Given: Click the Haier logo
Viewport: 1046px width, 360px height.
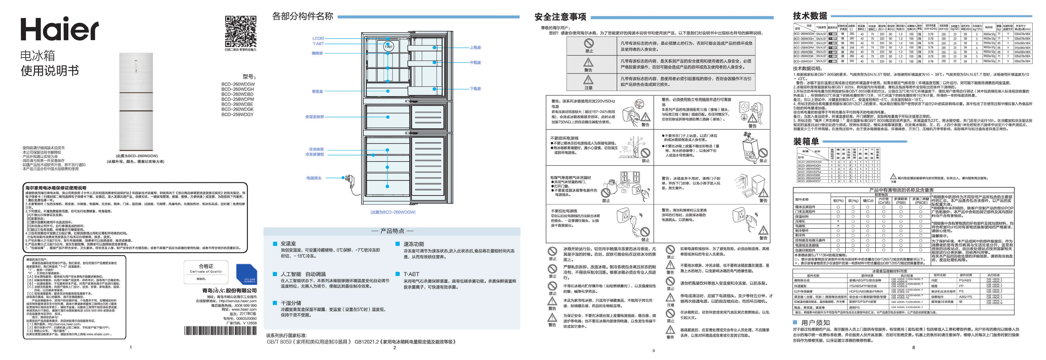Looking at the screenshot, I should pyautogui.click(x=60, y=29).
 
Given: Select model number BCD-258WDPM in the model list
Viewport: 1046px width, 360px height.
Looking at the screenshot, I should pyautogui.click(x=238, y=99).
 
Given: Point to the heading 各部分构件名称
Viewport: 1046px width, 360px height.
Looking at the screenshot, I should pyautogui.click(x=303, y=16).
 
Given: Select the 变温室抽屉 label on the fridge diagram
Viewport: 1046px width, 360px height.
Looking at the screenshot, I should pyautogui.click(x=315, y=117).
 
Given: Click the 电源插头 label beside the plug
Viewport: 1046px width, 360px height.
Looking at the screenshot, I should pyautogui.click(x=314, y=178).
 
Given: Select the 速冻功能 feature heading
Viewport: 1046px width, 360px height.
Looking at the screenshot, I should pyautogui.click(x=413, y=244).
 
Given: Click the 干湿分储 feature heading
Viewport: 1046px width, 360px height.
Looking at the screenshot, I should pyautogui.click(x=291, y=303).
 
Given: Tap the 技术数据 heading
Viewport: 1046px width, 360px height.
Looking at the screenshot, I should pyautogui.click(x=810, y=16).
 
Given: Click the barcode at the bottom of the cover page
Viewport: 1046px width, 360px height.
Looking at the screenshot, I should pyautogui.click(x=220, y=330).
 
